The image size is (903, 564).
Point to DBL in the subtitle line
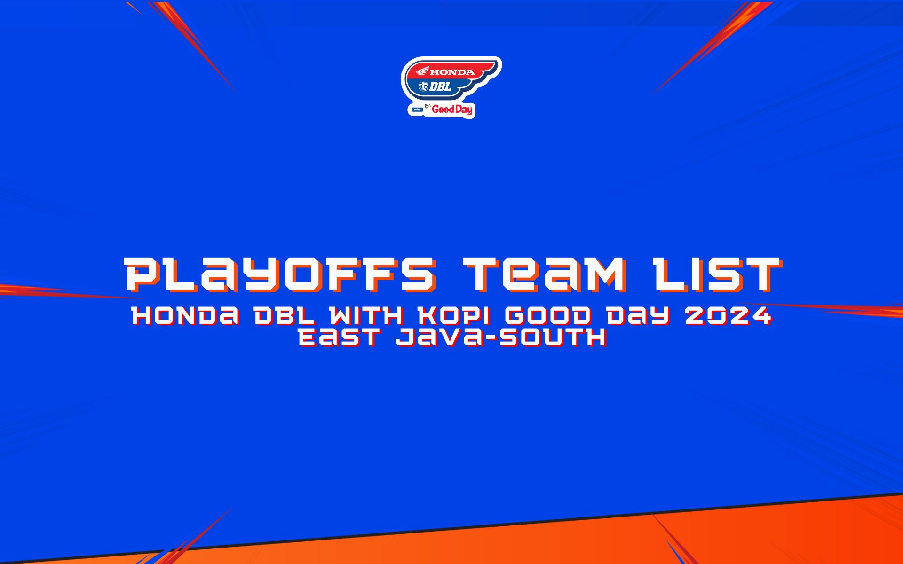284,316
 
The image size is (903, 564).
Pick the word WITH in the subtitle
366,316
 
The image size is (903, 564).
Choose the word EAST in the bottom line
339,338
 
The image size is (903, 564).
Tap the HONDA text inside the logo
452,72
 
